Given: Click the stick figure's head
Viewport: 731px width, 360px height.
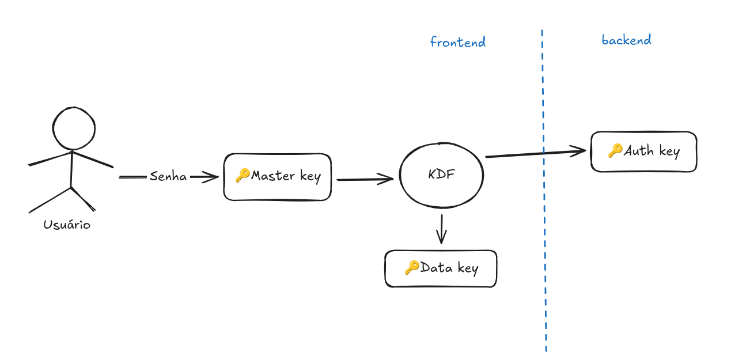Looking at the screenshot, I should click(74, 128).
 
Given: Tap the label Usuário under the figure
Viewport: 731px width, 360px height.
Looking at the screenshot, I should click(67, 225).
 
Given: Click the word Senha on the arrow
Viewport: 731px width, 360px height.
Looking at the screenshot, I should click(168, 177).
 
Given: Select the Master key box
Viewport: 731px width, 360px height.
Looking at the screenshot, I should click(277, 177).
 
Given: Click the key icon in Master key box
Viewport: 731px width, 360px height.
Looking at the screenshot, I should click(242, 176).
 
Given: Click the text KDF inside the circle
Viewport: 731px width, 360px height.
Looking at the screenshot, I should click(441, 175).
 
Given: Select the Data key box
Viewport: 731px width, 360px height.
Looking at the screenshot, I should click(441, 268).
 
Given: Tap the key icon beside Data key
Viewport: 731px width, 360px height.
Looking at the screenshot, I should click(411, 267).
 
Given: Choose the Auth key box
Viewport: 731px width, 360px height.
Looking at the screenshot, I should click(643, 151).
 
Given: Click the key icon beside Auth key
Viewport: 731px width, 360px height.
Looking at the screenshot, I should click(615, 150).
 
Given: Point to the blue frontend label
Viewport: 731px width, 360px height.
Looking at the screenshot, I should click(458, 42).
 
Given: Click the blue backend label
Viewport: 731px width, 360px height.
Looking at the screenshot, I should click(626, 40).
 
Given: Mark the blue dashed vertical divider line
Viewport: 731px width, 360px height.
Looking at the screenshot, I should click(543, 230).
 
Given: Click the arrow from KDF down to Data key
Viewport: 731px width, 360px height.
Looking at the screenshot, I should click(441, 229).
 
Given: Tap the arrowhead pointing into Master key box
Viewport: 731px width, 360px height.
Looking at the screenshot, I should click(213, 177).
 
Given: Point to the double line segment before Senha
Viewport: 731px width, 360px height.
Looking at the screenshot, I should click(132, 177).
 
